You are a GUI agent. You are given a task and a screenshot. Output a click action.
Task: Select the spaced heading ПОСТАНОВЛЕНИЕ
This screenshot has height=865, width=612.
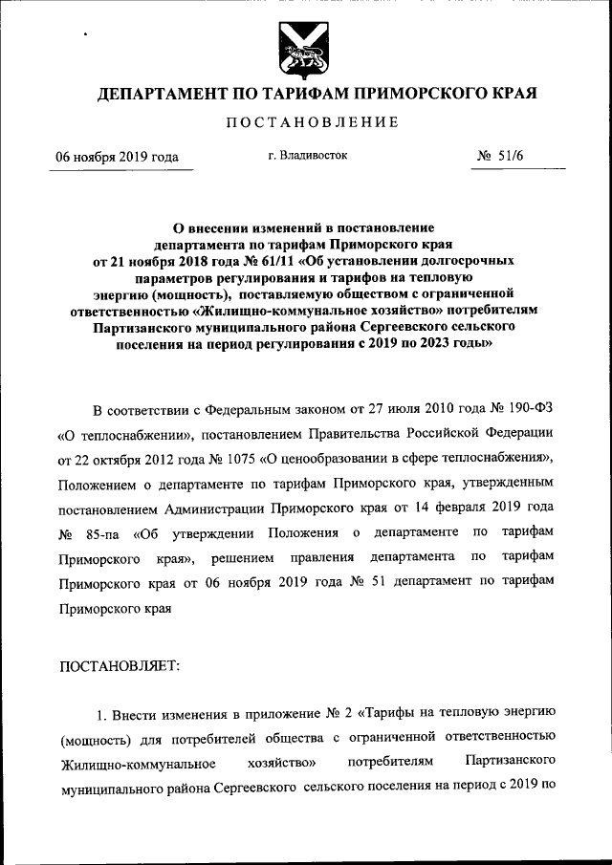point(305,123)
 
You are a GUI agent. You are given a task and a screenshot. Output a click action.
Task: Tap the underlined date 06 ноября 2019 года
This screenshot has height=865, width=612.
point(117,158)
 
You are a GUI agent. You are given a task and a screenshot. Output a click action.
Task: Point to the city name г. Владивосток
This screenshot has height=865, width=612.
point(308,154)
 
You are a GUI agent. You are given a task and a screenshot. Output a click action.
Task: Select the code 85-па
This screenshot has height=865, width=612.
point(106,531)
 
